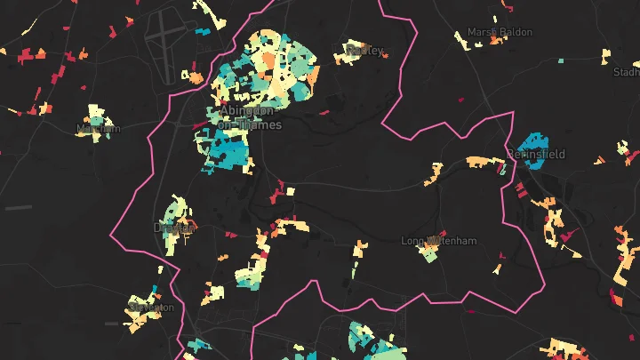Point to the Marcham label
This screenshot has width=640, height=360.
[98, 129]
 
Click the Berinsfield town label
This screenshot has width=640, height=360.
[536, 155]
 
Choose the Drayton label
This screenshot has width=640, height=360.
[173, 228]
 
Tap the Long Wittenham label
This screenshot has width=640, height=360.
[439, 241]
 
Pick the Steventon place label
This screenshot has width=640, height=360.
[151, 308]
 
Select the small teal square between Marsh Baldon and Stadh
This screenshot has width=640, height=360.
[562, 61]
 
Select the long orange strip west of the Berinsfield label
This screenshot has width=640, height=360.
[486, 163]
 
